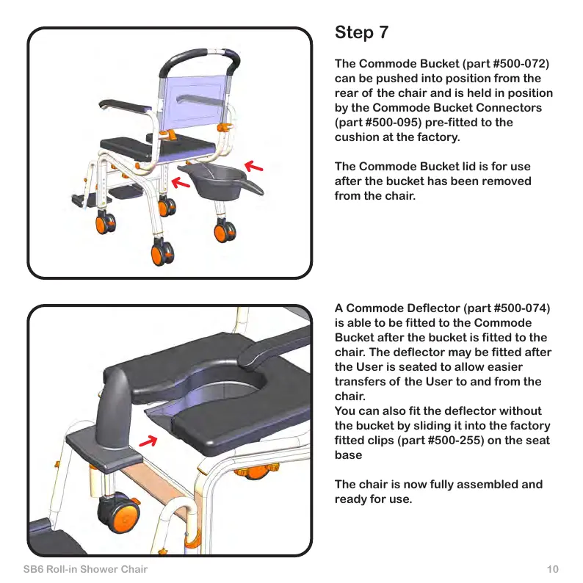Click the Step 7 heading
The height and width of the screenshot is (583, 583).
[361, 33]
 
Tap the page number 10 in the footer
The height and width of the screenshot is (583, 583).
[553, 570]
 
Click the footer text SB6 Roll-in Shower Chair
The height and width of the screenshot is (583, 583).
[86, 570]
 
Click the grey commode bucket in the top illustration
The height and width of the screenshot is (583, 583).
[221, 179]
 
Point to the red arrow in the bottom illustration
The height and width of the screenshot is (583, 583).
[149, 441]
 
